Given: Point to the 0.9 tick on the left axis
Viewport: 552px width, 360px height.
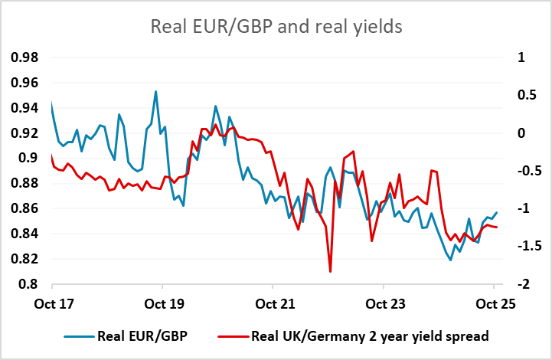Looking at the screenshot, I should (33, 158).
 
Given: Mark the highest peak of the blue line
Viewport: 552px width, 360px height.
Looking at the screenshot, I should (156, 92).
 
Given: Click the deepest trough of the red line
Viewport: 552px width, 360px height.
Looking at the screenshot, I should (330, 271).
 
